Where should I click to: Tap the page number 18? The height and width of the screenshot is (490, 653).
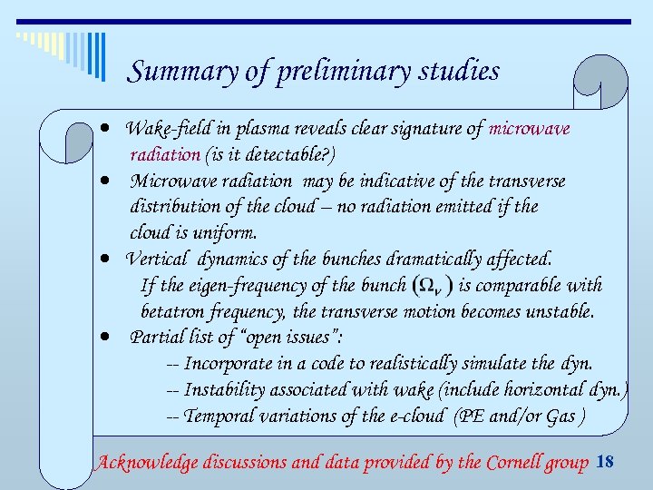click(605, 463)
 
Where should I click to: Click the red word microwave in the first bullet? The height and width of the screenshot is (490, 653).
click(530, 129)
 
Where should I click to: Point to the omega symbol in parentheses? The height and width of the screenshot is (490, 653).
click(432, 286)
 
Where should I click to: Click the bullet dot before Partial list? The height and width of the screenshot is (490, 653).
click(106, 337)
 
